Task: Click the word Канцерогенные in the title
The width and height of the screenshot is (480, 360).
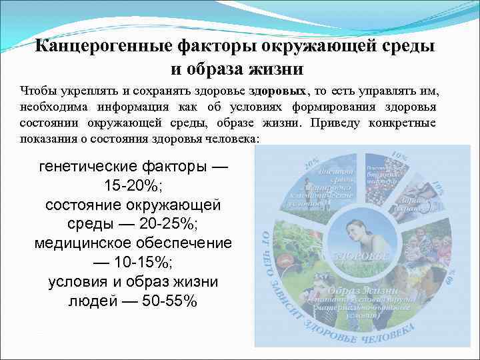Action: [x=100, y=47]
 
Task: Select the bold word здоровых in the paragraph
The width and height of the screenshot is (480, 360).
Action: [x=279, y=90]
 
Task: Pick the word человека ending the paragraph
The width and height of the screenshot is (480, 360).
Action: [x=233, y=139]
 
